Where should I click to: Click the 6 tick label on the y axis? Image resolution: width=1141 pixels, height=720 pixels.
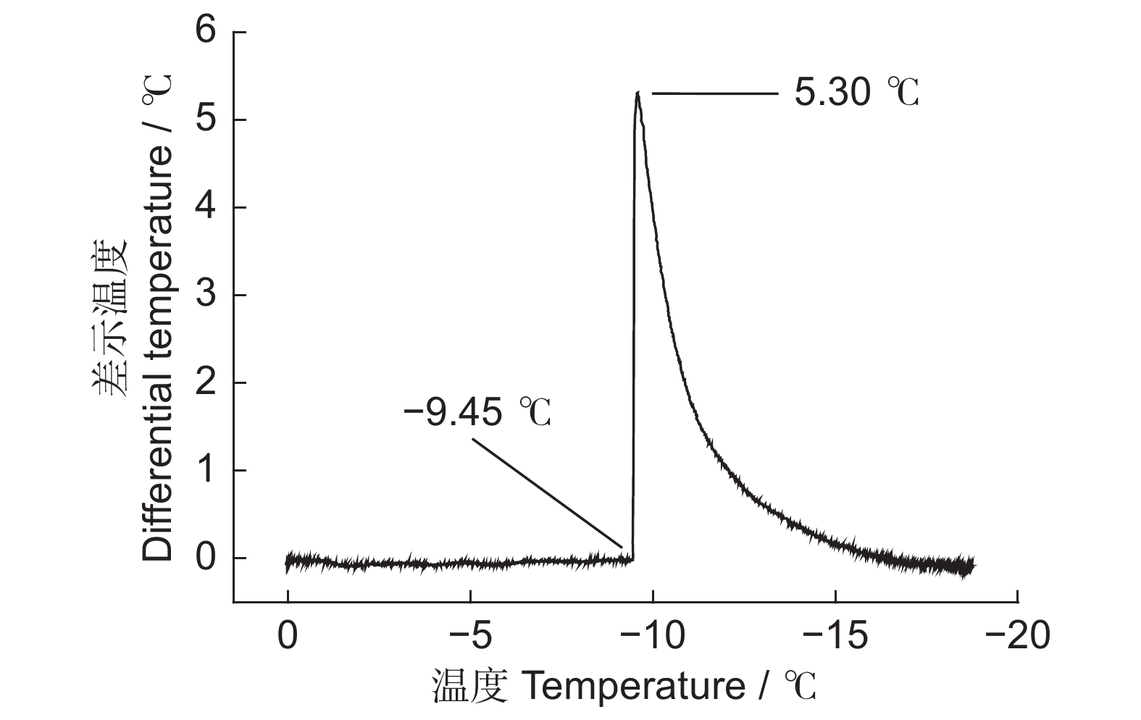pos(206,33)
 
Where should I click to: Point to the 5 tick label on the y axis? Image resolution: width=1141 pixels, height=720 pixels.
pos(206,120)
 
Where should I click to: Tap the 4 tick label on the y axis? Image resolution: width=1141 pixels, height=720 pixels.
pos(206,208)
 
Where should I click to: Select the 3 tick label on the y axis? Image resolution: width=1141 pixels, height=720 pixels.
pos(206,296)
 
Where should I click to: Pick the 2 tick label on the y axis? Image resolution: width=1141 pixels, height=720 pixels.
pos(206,383)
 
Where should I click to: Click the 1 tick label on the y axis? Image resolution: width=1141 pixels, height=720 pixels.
pos(206,471)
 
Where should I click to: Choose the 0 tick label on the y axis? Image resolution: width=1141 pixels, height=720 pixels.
pos(206,558)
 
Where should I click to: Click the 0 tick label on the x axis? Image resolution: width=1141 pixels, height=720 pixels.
pos(288,637)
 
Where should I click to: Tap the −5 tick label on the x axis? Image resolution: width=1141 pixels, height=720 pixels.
pos(470,637)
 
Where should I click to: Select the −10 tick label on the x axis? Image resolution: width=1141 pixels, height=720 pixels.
pos(653,637)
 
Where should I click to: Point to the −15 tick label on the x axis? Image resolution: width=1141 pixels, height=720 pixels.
pos(835,637)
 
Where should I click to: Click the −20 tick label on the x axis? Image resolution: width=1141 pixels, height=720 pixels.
pos(1017,637)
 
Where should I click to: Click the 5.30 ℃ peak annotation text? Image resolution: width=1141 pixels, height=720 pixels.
pos(856,93)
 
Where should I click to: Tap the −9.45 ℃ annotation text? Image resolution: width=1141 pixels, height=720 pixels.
pos(477,413)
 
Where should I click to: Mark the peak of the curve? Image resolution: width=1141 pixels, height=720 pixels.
pos(638,93)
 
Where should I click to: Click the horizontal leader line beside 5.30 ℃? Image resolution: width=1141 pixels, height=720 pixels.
pos(714,93)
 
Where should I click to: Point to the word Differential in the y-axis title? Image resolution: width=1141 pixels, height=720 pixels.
pos(157,500)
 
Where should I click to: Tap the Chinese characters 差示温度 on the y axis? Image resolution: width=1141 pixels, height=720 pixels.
pos(109,319)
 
